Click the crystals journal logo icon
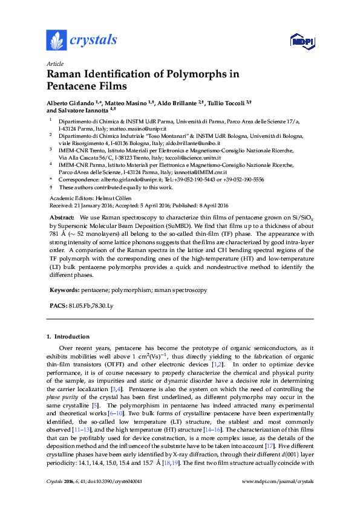56,41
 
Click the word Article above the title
54,64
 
